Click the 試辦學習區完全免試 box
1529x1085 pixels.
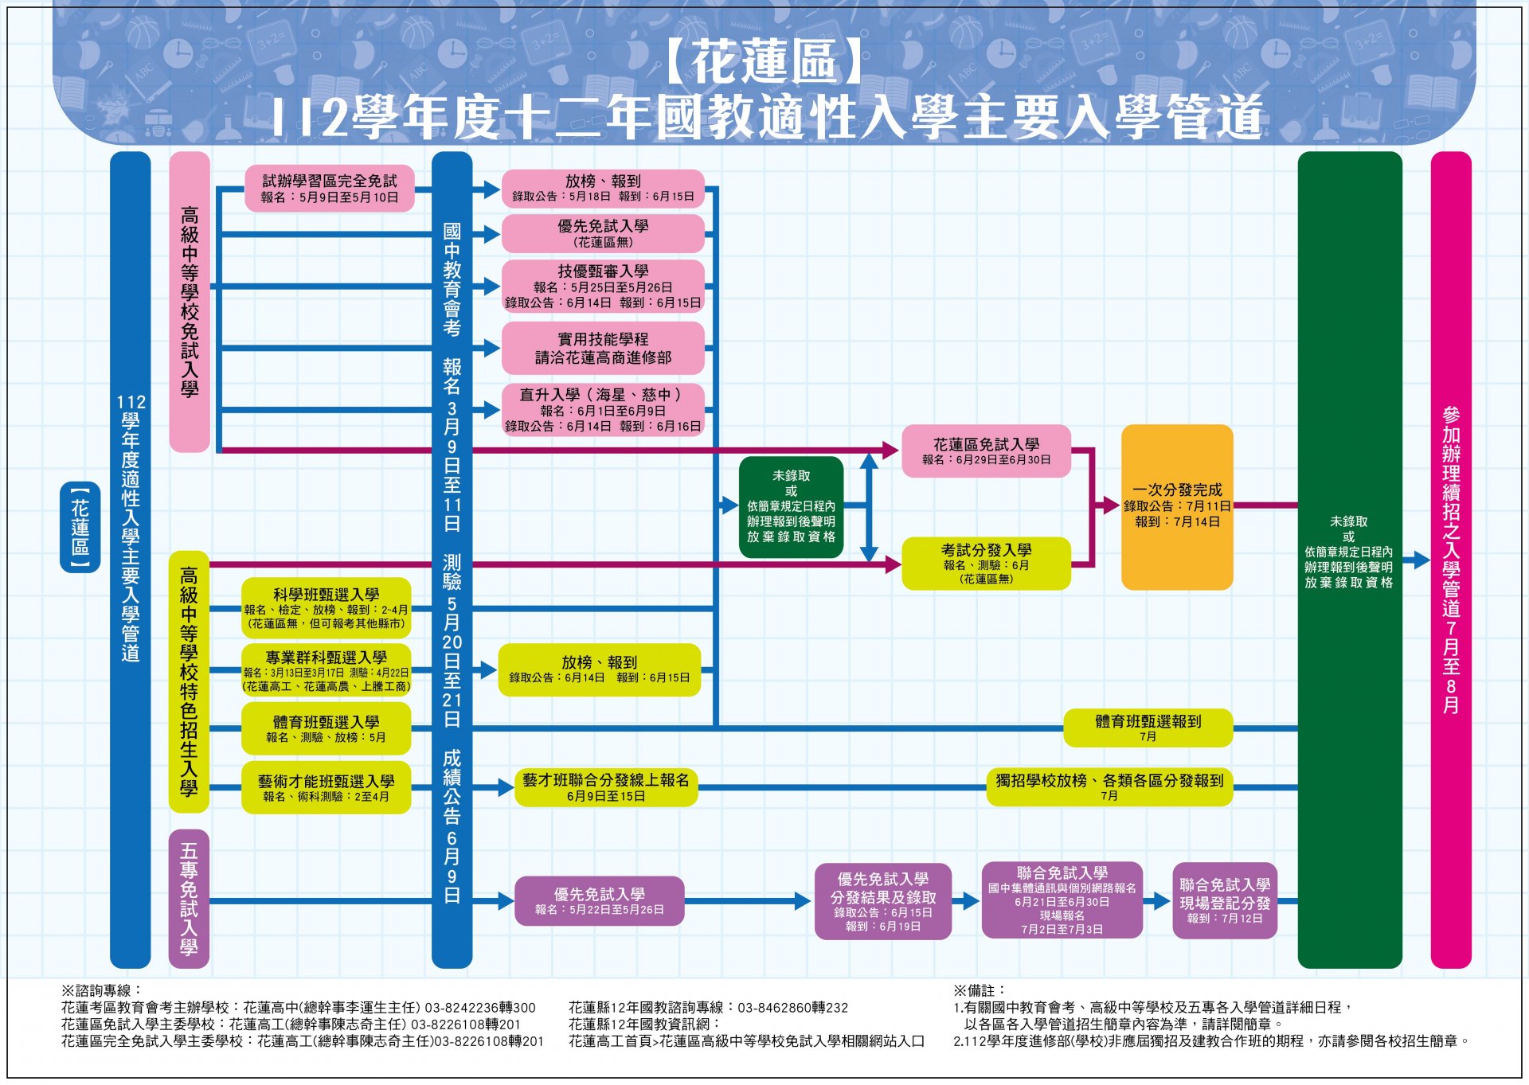point(330,189)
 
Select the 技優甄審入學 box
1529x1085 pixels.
point(603,287)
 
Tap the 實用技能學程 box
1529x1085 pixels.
point(603,348)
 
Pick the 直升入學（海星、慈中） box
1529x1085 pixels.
point(603,410)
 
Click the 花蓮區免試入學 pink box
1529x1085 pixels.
point(986,451)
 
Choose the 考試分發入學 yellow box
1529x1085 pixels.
point(986,564)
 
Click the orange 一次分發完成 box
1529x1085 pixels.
point(1177,507)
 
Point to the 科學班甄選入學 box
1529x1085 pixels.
point(327,608)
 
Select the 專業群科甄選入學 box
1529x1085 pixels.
point(327,670)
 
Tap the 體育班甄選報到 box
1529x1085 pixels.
point(1148,728)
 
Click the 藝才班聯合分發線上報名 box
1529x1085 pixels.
point(606,787)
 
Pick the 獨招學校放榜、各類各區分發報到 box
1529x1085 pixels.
point(1109,787)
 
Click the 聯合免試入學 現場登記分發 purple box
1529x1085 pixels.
point(1225,901)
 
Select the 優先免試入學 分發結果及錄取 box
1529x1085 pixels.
point(883,901)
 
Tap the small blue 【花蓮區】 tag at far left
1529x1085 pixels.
point(80,527)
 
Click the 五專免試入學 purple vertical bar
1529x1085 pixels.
point(190,899)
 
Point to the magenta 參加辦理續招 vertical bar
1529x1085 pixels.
point(1451,560)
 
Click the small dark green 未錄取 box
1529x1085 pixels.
point(791,507)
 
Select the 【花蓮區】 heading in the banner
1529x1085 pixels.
point(764,62)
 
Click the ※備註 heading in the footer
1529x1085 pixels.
point(980,990)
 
